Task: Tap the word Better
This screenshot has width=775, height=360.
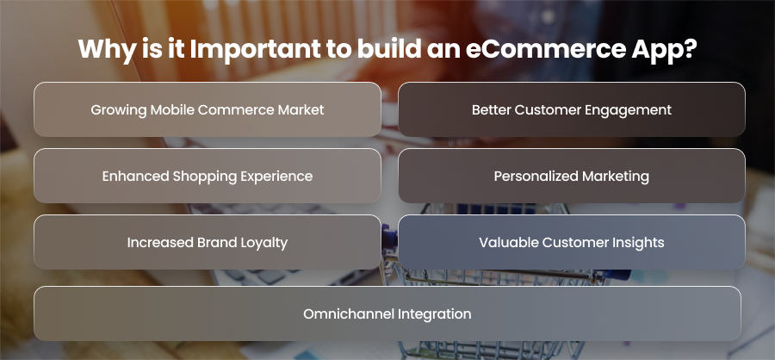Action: coord(492,109)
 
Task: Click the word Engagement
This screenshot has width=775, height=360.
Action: coord(629,110)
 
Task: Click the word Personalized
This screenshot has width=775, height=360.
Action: coord(536,176)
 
